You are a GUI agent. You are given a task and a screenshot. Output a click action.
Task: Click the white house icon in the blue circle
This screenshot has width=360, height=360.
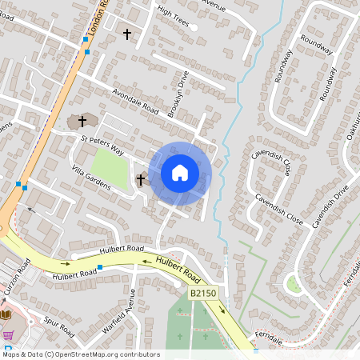click(180, 172)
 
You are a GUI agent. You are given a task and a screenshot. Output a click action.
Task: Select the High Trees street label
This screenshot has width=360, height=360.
click(173, 16)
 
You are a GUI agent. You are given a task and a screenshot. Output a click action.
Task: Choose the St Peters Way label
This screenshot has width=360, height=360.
click(102, 144)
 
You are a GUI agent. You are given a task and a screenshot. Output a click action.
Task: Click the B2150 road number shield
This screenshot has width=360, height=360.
click(203, 294)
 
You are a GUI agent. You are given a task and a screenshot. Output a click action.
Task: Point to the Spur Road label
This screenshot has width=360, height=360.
click(60, 329)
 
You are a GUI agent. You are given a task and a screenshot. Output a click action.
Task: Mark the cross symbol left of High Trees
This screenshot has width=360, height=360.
click(127, 34)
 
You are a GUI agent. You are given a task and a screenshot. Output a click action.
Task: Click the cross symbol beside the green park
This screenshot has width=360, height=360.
click(141, 180)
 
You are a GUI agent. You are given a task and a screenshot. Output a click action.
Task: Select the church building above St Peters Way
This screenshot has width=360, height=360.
click(80, 122)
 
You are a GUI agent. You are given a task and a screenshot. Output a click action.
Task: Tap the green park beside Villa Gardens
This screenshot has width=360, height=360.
click(110, 174)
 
